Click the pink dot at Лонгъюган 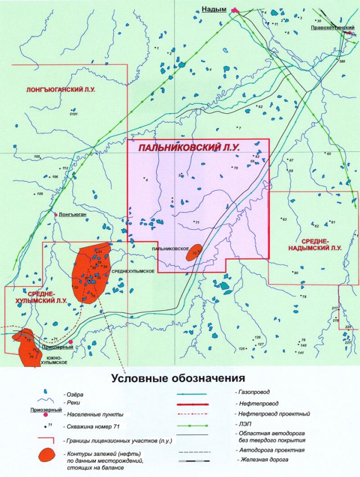click(56, 214)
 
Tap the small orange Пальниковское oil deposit click(194, 253)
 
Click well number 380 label click(341, 62)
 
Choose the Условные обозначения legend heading click(178, 378)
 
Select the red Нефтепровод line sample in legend click(204, 404)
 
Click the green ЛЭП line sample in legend click(204, 425)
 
